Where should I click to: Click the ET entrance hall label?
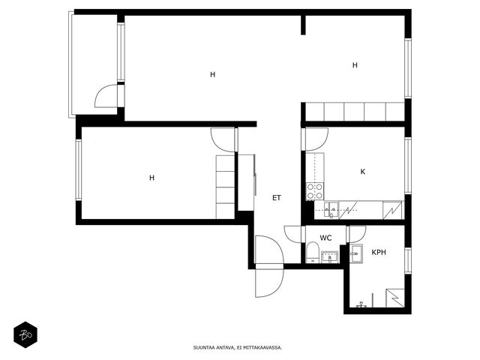(x=277, y=198)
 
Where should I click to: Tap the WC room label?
(x=325, y=238)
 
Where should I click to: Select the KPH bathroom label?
(x=379, y=252)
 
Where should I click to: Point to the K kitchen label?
(x=363, y=172)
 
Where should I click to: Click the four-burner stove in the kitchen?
(x=315, y=191)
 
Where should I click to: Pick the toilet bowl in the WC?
(x=313, y=252)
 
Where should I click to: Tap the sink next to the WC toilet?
(x=330, y=257)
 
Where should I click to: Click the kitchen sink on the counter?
(x=331, y=210)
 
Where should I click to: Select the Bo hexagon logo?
(x=25, y=334)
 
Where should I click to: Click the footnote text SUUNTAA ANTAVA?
(x=214, y=348)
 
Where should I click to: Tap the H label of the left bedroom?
(x=151, y=178)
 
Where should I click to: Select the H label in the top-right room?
(x=355, y=65)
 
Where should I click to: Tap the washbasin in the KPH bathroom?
(x=357, y=253)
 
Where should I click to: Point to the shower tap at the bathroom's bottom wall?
(x=361, y=304)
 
